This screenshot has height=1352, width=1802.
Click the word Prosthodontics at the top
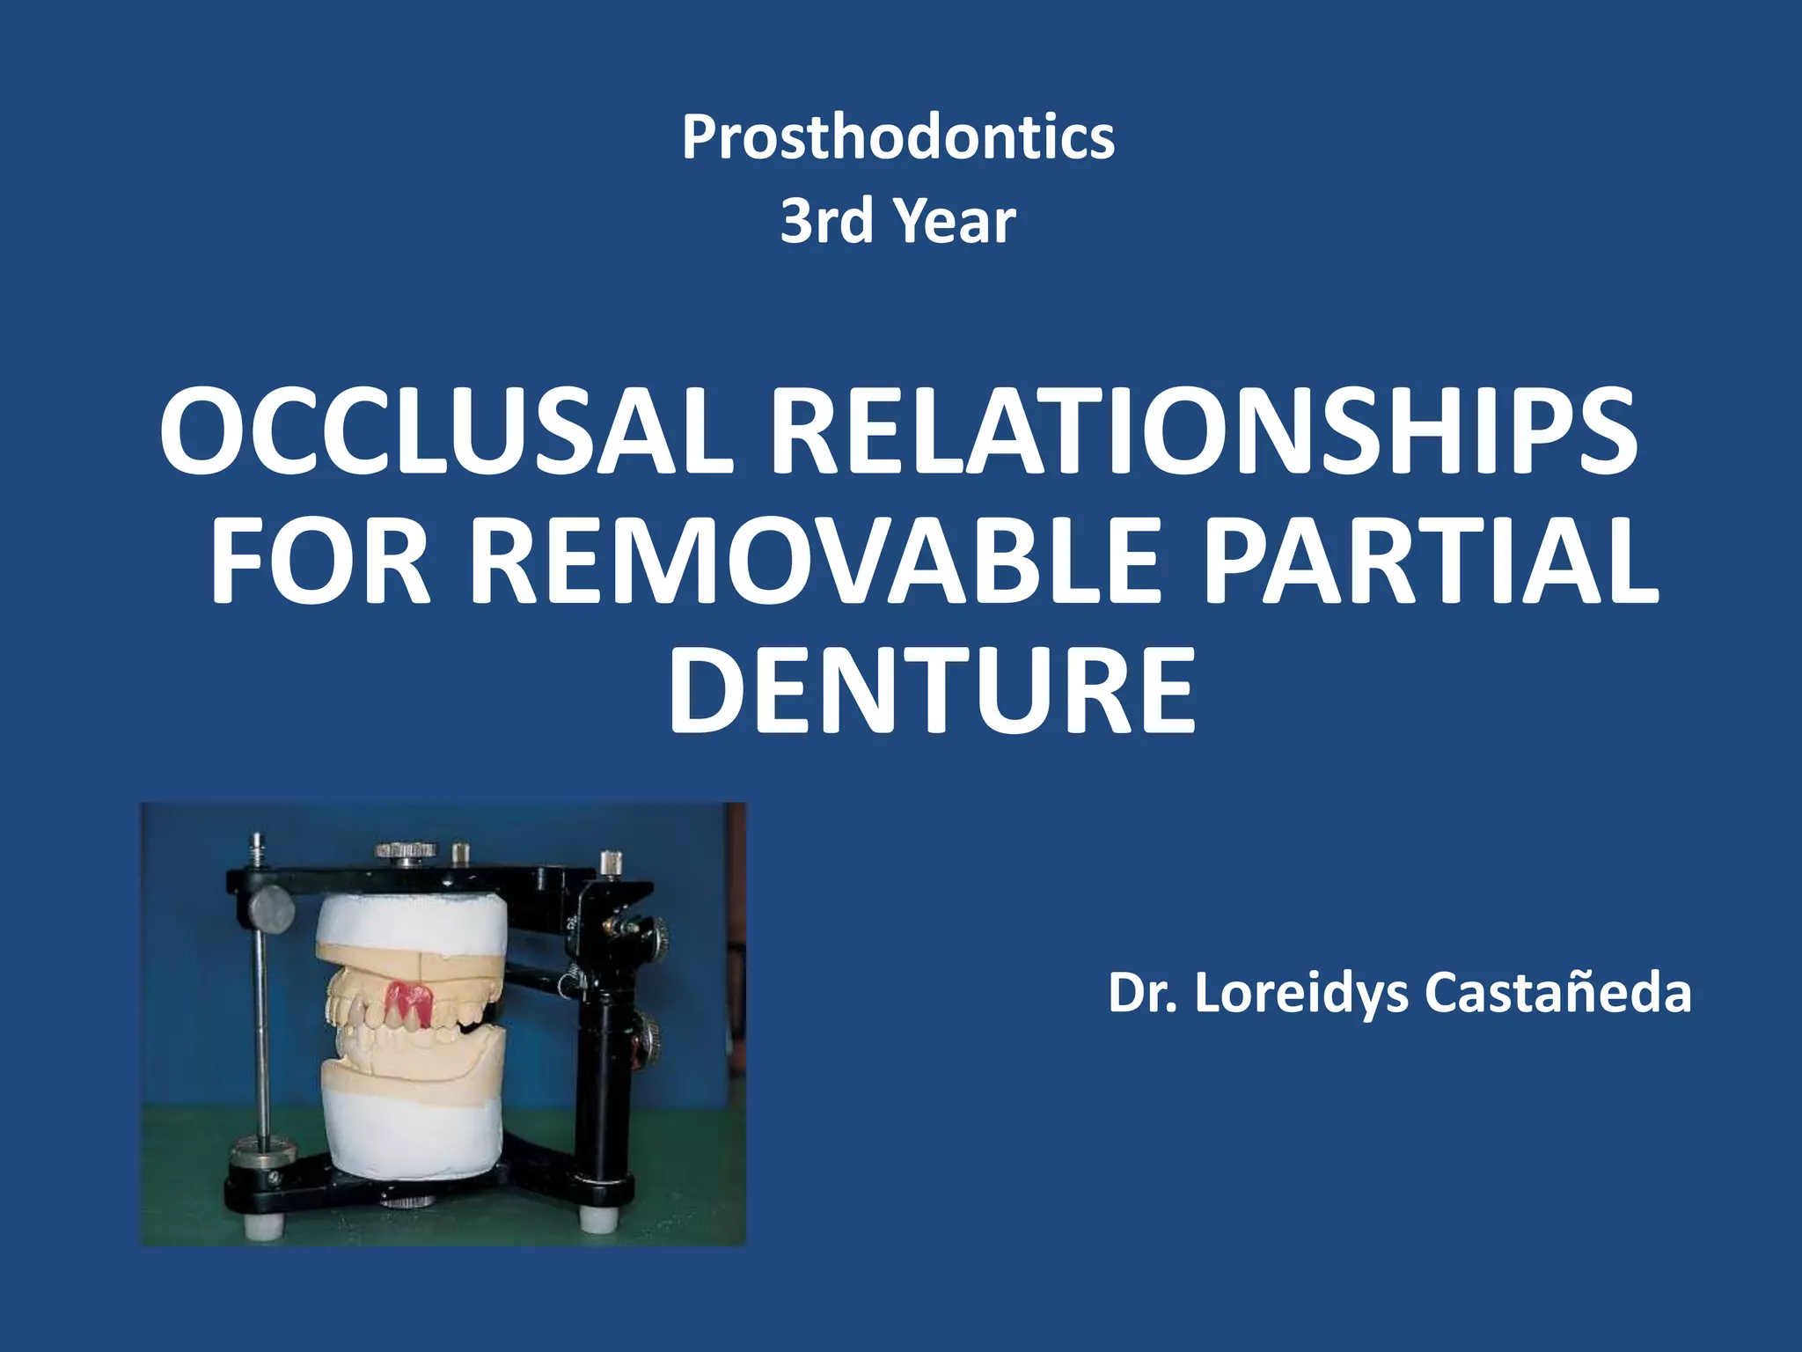tap(898, 137)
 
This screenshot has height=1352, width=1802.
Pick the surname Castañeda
tap(1557, 994)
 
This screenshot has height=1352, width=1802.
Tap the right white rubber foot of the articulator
tap(597, 1219)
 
